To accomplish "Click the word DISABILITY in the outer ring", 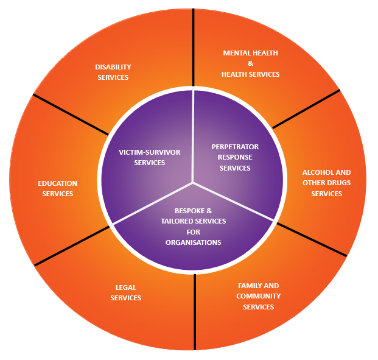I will click(x=113, y=67).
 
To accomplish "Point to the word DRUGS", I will click(x=338, y=183).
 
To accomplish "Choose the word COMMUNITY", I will click(x=258, y=296).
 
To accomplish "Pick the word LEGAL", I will click(x=125, y=288).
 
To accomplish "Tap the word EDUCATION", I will click(x=57, y=183).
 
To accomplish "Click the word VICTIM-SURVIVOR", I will click(x=149, y=152).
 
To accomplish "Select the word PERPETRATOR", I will click(x=235, y=147).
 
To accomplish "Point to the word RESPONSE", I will click(x=235, y=157).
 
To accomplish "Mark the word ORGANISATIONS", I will click(x=193, y=242).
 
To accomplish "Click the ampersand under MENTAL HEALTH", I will click(x=250, y=63).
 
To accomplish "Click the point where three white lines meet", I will click(x=194, y=182).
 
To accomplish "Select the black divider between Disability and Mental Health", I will click(x=194, y=49).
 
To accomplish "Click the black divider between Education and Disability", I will click(x=70, y=114).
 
